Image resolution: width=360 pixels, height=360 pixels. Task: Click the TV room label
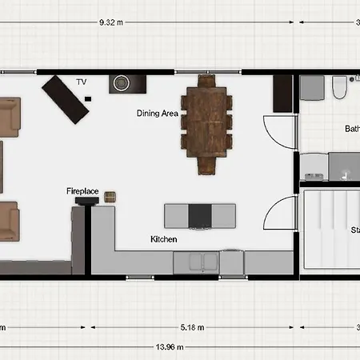[81, 82]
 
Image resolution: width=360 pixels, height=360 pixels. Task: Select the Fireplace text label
[82, 191]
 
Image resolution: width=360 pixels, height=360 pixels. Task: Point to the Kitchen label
[163, 239]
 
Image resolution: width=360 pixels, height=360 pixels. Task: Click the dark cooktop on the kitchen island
[200, 215]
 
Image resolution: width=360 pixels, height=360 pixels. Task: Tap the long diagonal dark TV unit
[66, 98]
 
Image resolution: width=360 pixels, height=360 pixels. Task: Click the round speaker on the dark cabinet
[123, 82]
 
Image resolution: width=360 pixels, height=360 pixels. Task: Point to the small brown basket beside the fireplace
[110, 197]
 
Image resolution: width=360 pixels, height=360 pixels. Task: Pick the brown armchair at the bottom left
[9, 220]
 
